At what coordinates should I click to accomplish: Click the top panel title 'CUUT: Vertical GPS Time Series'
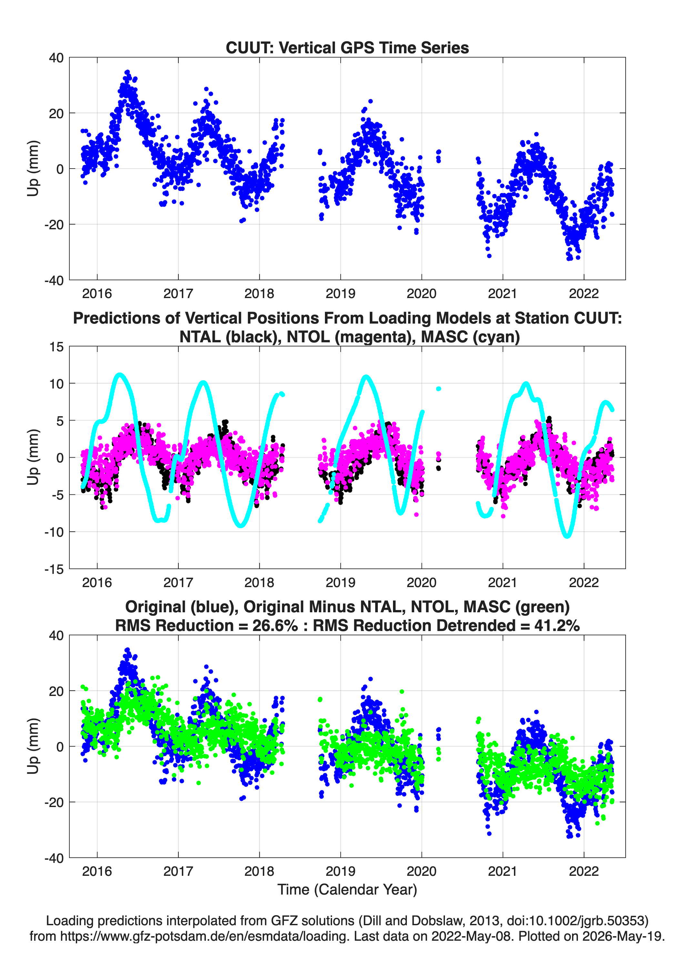[x=347, y=47]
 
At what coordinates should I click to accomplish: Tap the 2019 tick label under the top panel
[x=340, y=294]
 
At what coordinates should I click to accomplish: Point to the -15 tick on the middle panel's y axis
[x=54, y=569]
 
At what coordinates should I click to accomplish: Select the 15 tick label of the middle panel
[x=56, y=347]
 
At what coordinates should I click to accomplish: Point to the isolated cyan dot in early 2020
[x=438, y=389]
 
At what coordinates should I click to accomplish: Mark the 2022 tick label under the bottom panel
[x=583, y=871]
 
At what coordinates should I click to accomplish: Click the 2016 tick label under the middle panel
[x=97, y=583]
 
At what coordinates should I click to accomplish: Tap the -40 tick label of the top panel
[x=54, y=281]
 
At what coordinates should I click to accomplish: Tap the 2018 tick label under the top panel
[x=259, y=294]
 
